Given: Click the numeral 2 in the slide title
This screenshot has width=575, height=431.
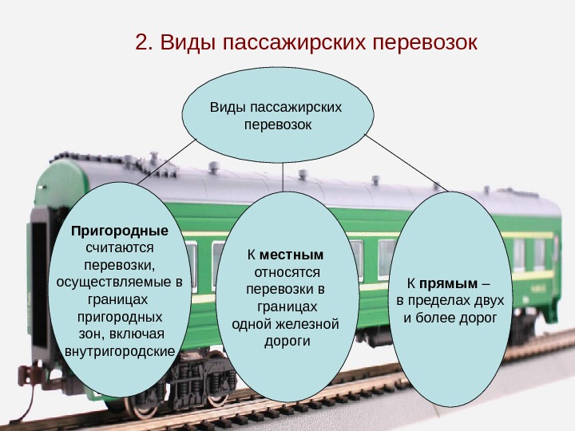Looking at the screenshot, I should pyautogui.click(x=142, y=42).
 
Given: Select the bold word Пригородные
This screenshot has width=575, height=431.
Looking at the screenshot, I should pyautogui.click(x=120, y=231).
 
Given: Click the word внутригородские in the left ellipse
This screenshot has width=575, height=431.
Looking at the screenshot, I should pyautogui.click(x=119, y=350).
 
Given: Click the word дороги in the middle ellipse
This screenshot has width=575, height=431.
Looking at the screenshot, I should pyautogui.click(x=286, y=342).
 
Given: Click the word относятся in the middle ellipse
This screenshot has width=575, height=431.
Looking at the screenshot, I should pyautogui.click(x=285, y=272).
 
